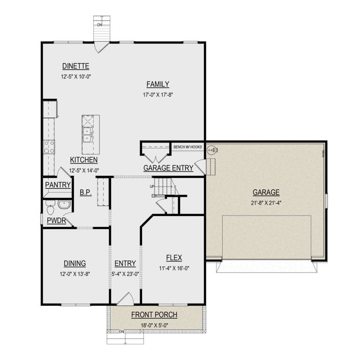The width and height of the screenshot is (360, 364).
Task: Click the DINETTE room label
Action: click(75, 66)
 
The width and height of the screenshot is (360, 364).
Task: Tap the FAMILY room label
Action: click(157, 84)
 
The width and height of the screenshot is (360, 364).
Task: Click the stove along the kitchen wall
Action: click(49, 147)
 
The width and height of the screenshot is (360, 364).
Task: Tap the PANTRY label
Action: click(58, 186)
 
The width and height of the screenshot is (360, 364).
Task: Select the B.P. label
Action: click(85, 192)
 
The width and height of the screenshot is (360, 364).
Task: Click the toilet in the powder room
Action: click(50, 205)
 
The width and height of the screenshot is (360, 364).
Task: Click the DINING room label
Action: click(75, 263)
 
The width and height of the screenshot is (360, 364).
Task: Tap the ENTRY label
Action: click(125, 263)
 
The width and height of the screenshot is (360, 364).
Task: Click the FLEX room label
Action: click(173, 258)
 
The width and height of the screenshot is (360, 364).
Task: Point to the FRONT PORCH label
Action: click(154, 314)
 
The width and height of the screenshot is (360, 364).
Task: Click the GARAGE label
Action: click(266, 192)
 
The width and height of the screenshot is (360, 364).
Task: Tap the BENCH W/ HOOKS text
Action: click(187, 147)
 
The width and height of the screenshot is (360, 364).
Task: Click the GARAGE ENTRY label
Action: click(168, 168)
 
